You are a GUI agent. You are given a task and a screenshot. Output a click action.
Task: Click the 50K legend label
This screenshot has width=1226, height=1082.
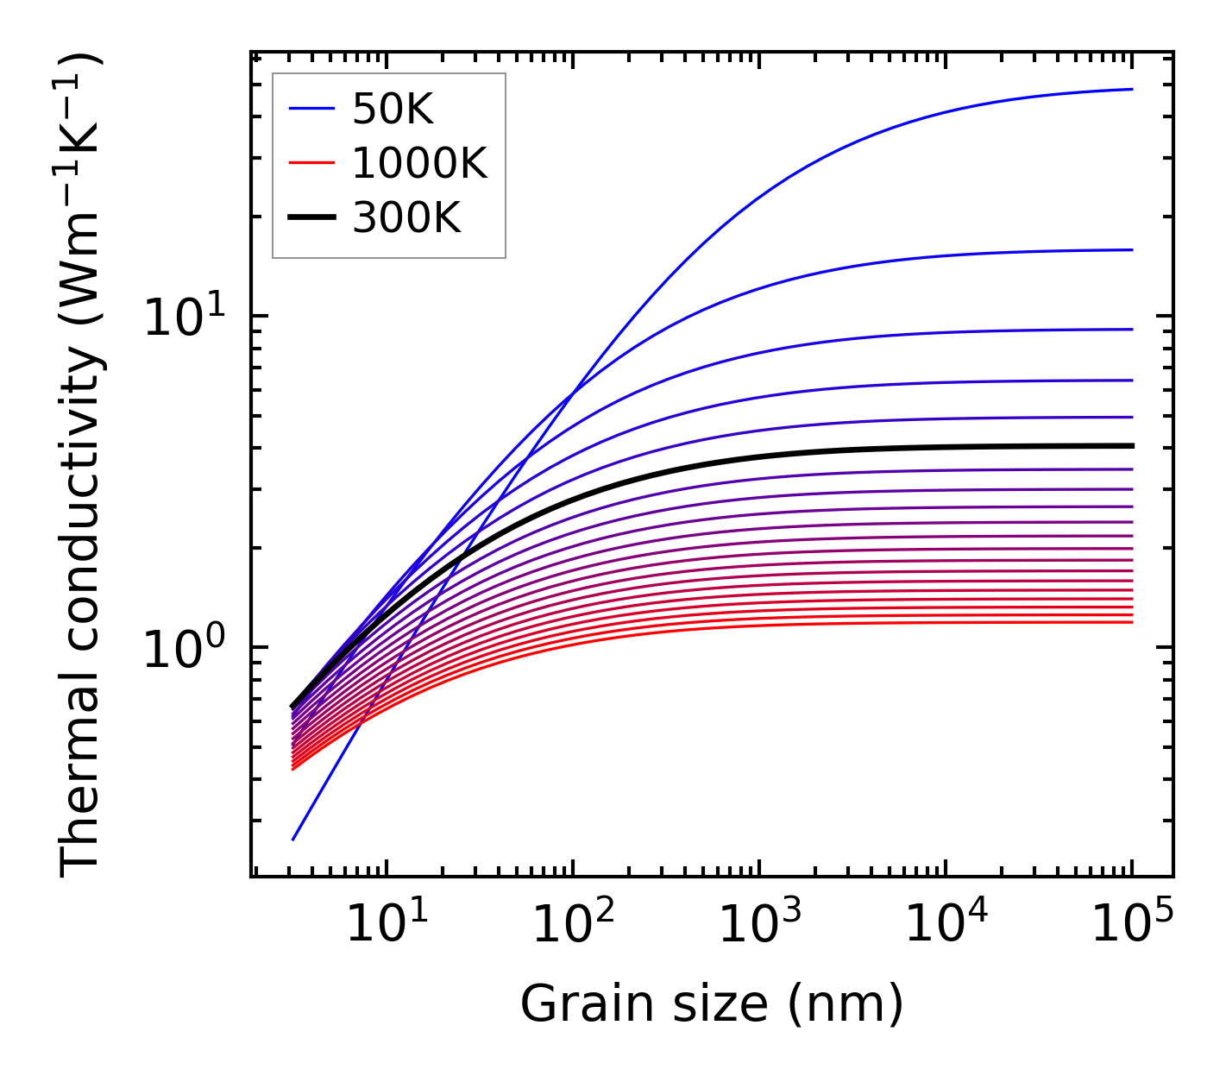point(393,109)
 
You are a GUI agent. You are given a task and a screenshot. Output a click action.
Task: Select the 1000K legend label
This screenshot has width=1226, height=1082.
point(419,163)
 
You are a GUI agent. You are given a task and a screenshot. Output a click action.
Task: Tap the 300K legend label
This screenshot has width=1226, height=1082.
point(406,218)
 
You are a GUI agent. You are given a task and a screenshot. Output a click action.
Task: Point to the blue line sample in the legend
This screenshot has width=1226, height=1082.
point(311,109)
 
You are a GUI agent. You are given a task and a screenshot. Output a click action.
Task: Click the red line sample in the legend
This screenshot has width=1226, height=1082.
point(311,163)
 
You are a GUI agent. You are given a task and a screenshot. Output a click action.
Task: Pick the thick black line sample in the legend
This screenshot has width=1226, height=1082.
point(311,218)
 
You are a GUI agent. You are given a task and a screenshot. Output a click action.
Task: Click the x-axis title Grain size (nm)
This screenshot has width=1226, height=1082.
point(712,1004)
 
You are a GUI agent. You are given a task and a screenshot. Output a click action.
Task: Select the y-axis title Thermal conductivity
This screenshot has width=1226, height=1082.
point(82,466)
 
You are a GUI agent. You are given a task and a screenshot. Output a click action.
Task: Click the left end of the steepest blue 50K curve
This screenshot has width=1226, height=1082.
point(293,840)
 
